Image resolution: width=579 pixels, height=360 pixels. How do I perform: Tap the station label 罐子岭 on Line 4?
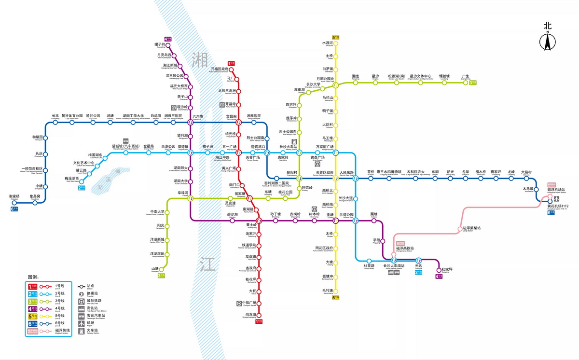pos(160,45)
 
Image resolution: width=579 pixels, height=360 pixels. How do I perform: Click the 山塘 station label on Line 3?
pos(155,269)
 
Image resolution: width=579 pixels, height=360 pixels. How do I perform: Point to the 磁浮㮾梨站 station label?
pos(471,228)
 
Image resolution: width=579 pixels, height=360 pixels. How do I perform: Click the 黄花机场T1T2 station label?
pos(558,207)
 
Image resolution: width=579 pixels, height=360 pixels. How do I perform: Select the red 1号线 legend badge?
pos(33,287)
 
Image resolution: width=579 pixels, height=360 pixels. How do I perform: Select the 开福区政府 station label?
pos(220,69)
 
